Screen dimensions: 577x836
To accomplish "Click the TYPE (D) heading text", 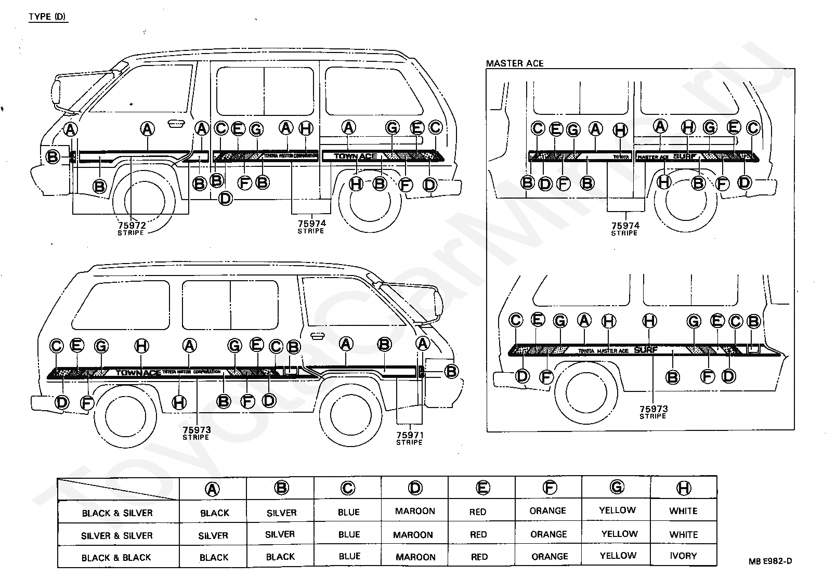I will click(47, 17).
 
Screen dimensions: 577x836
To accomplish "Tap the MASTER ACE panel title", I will click(514, 63).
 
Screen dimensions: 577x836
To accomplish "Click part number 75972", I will click(132, 225).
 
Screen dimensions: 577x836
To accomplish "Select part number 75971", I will click(409, 435).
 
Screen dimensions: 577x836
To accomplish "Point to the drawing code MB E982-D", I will click(770, 561).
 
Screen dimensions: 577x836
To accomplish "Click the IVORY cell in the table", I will click(683, 556).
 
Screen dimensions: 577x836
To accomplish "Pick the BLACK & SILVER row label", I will click(117, 513).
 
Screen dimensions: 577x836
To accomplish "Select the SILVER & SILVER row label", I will click(116, 535).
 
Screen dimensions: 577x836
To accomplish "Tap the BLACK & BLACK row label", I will click(116, 558).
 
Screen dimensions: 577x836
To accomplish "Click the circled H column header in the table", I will click(684, 488).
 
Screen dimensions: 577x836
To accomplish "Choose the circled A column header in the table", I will click(213, 489).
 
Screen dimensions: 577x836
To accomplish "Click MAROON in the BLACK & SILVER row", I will click(414, 511).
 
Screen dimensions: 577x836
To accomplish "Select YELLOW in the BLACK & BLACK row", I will click(618, 556).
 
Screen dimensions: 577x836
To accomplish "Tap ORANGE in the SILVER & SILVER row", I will click(548, 534).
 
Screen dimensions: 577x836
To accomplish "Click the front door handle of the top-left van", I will click(175, 123).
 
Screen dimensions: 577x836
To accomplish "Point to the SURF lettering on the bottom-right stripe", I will click(646, 350).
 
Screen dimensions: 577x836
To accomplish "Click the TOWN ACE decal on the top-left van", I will click(356, 156).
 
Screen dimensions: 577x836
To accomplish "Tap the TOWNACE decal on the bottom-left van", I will click(138, 373).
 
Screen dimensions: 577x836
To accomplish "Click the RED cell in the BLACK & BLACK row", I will click(479, 557).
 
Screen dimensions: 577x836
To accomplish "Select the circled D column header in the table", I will click(415, 488).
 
